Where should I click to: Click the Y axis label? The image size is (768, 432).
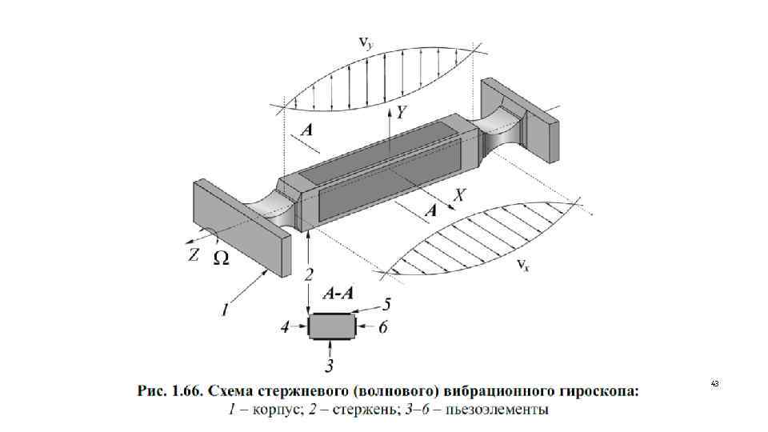(401, 112)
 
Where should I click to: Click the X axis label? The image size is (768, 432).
(460, 194)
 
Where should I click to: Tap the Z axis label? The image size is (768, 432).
(194, 254)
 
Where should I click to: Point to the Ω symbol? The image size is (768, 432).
(222, 258)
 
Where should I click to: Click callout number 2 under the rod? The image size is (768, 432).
(309, 274)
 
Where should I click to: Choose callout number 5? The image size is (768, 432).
(386, 304)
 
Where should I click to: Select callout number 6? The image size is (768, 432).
(383, 326)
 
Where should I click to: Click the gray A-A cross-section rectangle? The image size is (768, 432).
(330, 326)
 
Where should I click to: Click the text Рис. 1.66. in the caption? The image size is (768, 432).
(169, 392)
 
